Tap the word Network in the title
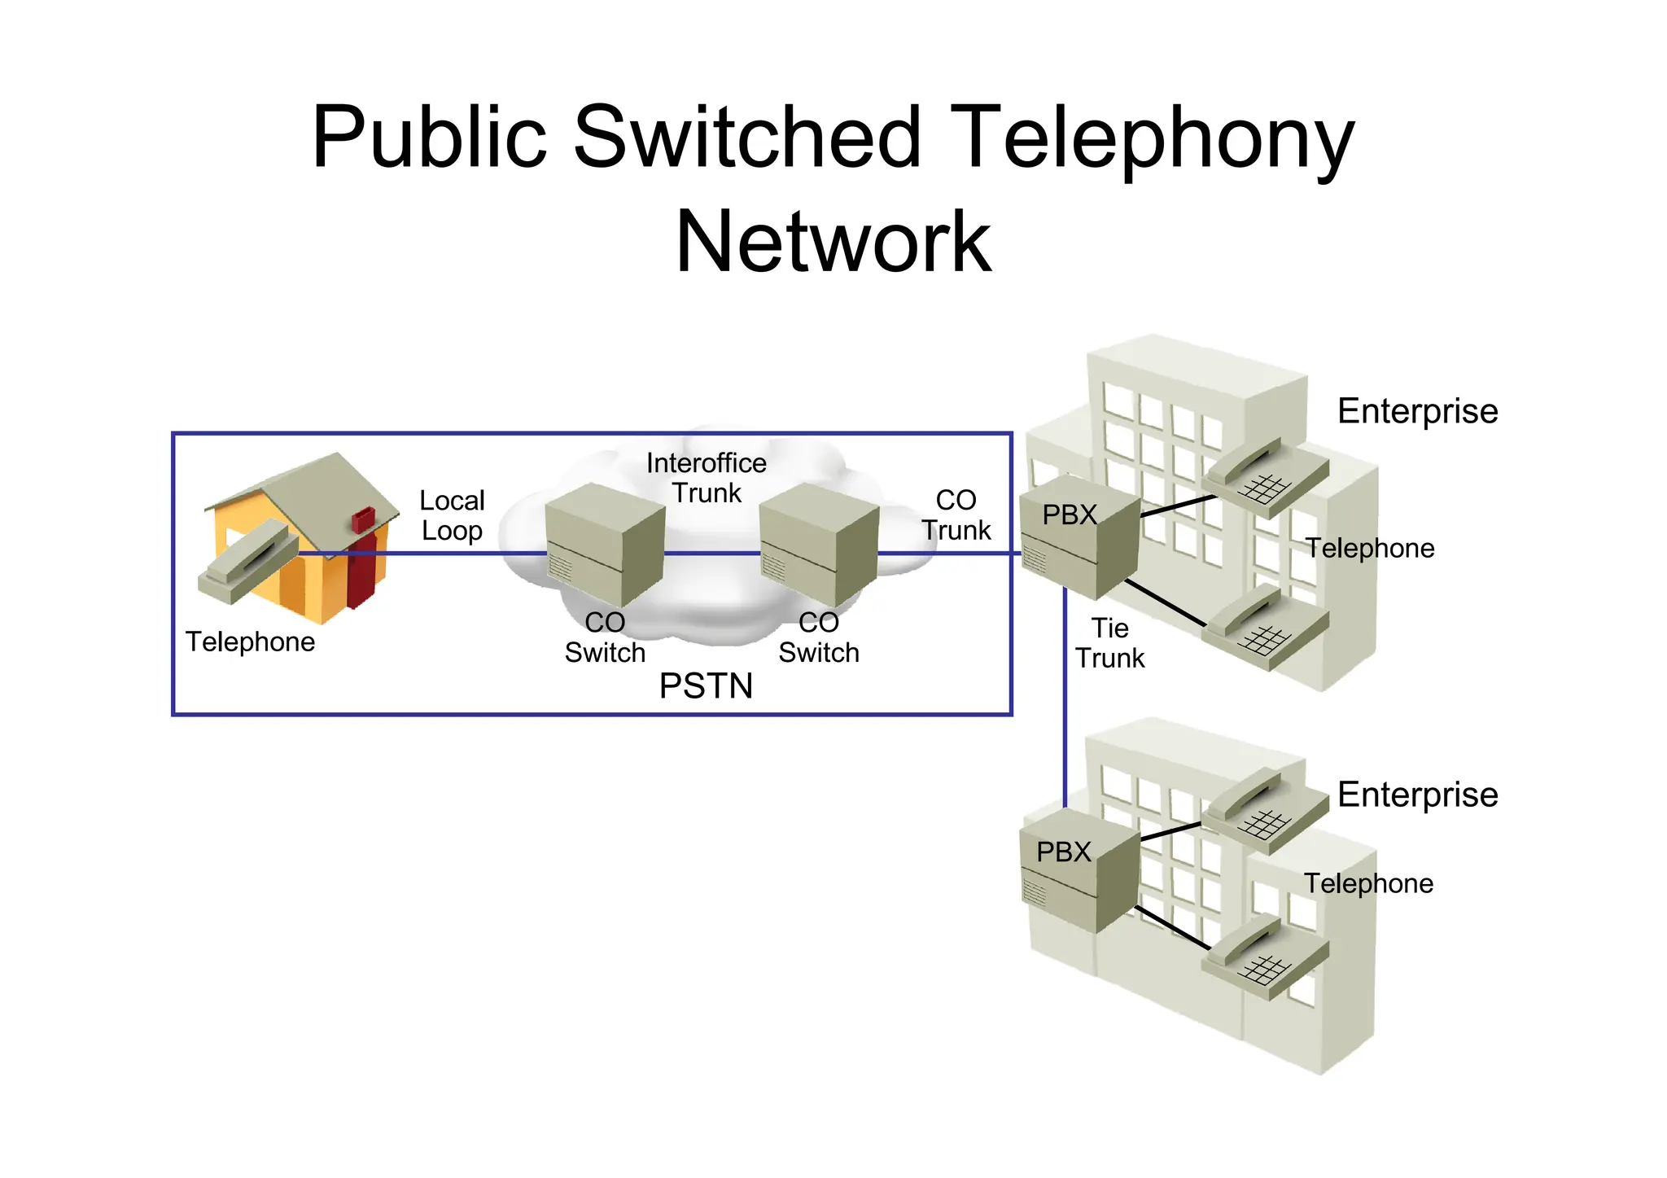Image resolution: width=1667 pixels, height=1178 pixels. [833, 242]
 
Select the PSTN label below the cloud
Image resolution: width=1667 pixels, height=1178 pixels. [706, 686]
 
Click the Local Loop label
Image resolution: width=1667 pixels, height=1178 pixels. [452, 515]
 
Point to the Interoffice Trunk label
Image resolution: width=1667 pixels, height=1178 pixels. [707, 478]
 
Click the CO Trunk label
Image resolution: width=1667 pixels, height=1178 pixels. [956, 515]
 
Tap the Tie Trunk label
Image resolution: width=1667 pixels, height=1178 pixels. [1110, 643]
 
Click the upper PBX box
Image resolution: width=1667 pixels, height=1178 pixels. [1079, 537]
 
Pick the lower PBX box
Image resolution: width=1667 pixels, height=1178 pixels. [1079, 871]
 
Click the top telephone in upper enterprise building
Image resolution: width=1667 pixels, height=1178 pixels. [1266, 476]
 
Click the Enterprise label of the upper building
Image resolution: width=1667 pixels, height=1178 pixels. [1417, 412]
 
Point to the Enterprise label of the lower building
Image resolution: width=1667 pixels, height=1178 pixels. [1417, 795]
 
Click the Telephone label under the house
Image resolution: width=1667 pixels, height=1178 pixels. [250, 642]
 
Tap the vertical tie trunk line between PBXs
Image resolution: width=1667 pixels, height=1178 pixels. [1065, 708]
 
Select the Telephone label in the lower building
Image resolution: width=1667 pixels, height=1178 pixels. [1368, 884]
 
